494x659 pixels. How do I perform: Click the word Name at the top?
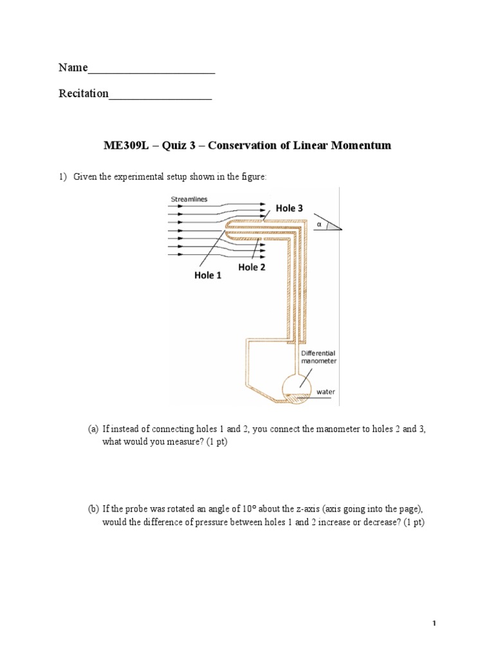coord(73,68)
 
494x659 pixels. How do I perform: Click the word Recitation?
coord(84,94)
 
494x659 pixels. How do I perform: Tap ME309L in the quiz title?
coord(125,146)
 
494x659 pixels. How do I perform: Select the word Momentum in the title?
coord(361,146)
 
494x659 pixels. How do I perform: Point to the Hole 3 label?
coord(289,208)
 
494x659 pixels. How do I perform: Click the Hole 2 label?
coord(252,267)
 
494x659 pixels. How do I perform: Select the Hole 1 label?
coord(208,275)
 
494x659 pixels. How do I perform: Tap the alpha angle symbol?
coord(319,225)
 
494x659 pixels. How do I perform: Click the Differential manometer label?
coord(318,357)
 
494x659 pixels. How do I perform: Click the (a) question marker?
coord(93,429)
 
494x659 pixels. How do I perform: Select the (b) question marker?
coord(93,508)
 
